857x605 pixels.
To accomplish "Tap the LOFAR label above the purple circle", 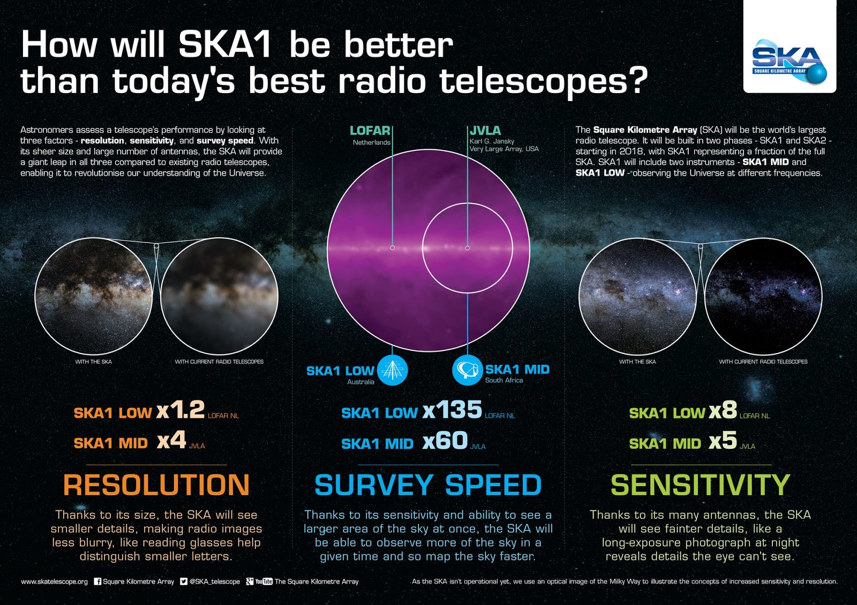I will [x=370, y=131].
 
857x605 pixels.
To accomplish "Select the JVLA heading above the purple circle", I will [x=485, y=131].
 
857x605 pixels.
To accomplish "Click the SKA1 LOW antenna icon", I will [x=392, y=370].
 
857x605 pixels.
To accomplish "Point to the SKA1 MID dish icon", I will [x=467, y=370].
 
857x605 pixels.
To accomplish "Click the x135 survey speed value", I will [x=452, y=410].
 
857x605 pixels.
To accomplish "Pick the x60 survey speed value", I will [x=445, y=441].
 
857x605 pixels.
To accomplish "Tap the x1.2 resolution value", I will [x=181, y=410].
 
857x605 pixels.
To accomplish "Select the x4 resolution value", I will [x=171, y=441].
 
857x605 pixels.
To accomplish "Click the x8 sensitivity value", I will [x=723, y=410].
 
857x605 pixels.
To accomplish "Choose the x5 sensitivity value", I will [x=723, y=441].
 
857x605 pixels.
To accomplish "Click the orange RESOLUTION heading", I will [x=156, y=485].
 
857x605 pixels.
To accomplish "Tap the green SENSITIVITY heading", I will [x=701, y=485].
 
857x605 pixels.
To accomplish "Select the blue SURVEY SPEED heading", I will [x=428, y=485].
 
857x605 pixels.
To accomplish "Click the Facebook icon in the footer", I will [x=97, y=581].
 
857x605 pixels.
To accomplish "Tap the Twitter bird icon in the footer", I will [x=184, y=581].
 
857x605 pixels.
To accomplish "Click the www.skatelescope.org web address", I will [x=54, y=581].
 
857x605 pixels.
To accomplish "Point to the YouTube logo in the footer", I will [x=264, y=581].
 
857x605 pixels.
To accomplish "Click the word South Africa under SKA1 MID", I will [x=503, y=380].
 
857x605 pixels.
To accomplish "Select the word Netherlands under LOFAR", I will [x=371, y=142].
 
